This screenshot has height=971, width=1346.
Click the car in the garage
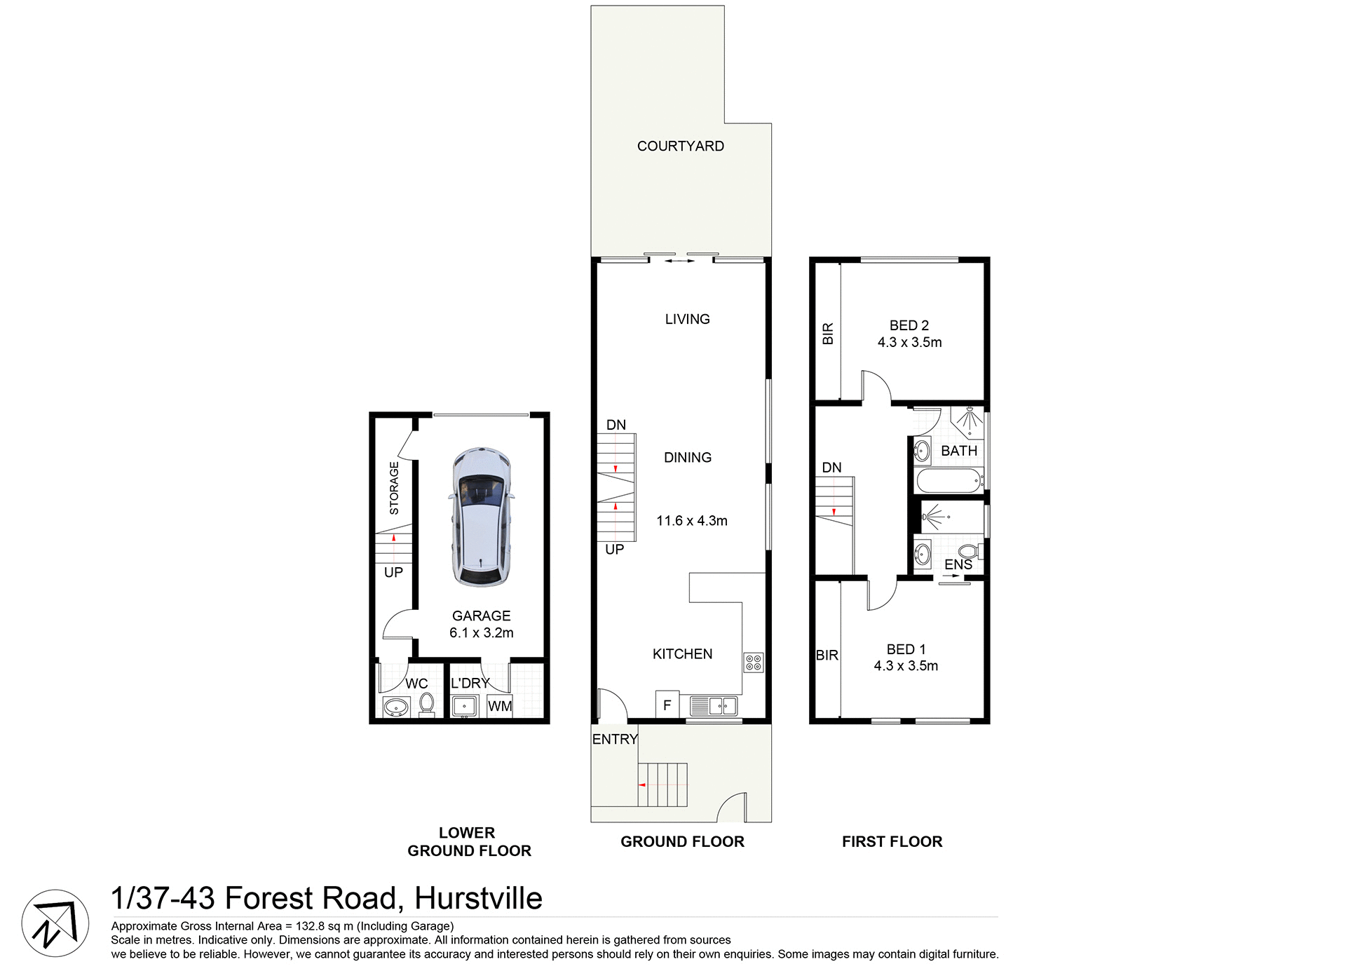click(481, 517)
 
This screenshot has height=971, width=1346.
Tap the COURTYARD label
click(680, 146)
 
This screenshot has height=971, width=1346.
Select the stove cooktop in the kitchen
click(754, 663)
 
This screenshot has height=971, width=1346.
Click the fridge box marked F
click(667, 705)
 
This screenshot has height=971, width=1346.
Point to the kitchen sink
click(714, 705)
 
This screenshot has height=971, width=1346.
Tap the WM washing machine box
click(500, 706)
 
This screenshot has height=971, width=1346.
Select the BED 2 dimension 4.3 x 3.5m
click(909, 342)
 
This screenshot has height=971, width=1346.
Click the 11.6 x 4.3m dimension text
click(691, 521)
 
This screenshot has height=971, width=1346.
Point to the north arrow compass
click(55, 923)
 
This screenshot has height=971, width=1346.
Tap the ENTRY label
click(614, 739)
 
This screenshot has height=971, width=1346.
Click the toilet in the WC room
click(426, 704)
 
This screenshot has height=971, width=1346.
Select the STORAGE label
click(394, 488)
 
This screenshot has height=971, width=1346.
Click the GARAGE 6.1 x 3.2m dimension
click(481, 632)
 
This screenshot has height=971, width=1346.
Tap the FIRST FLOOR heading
click(892, 841)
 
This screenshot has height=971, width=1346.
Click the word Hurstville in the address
click(478, 898)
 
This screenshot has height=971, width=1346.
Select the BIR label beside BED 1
click(827, 656)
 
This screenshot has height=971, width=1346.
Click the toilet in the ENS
click(970, 551)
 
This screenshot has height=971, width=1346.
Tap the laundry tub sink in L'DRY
click(464, 706)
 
